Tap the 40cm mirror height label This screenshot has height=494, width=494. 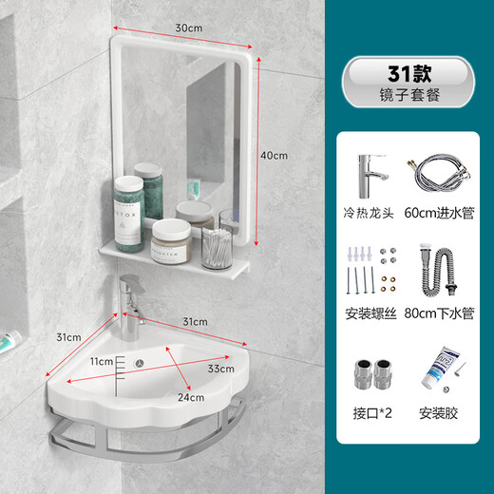pos(275,155)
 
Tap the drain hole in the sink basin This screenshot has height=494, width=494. pos(139,363)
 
